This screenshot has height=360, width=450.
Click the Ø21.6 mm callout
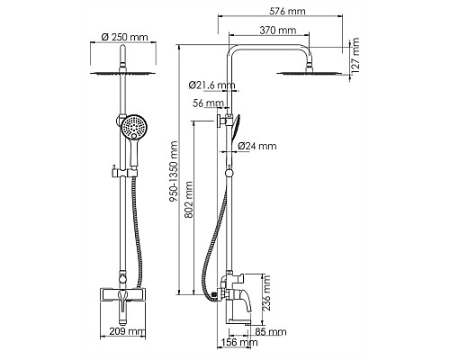(211, 85)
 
